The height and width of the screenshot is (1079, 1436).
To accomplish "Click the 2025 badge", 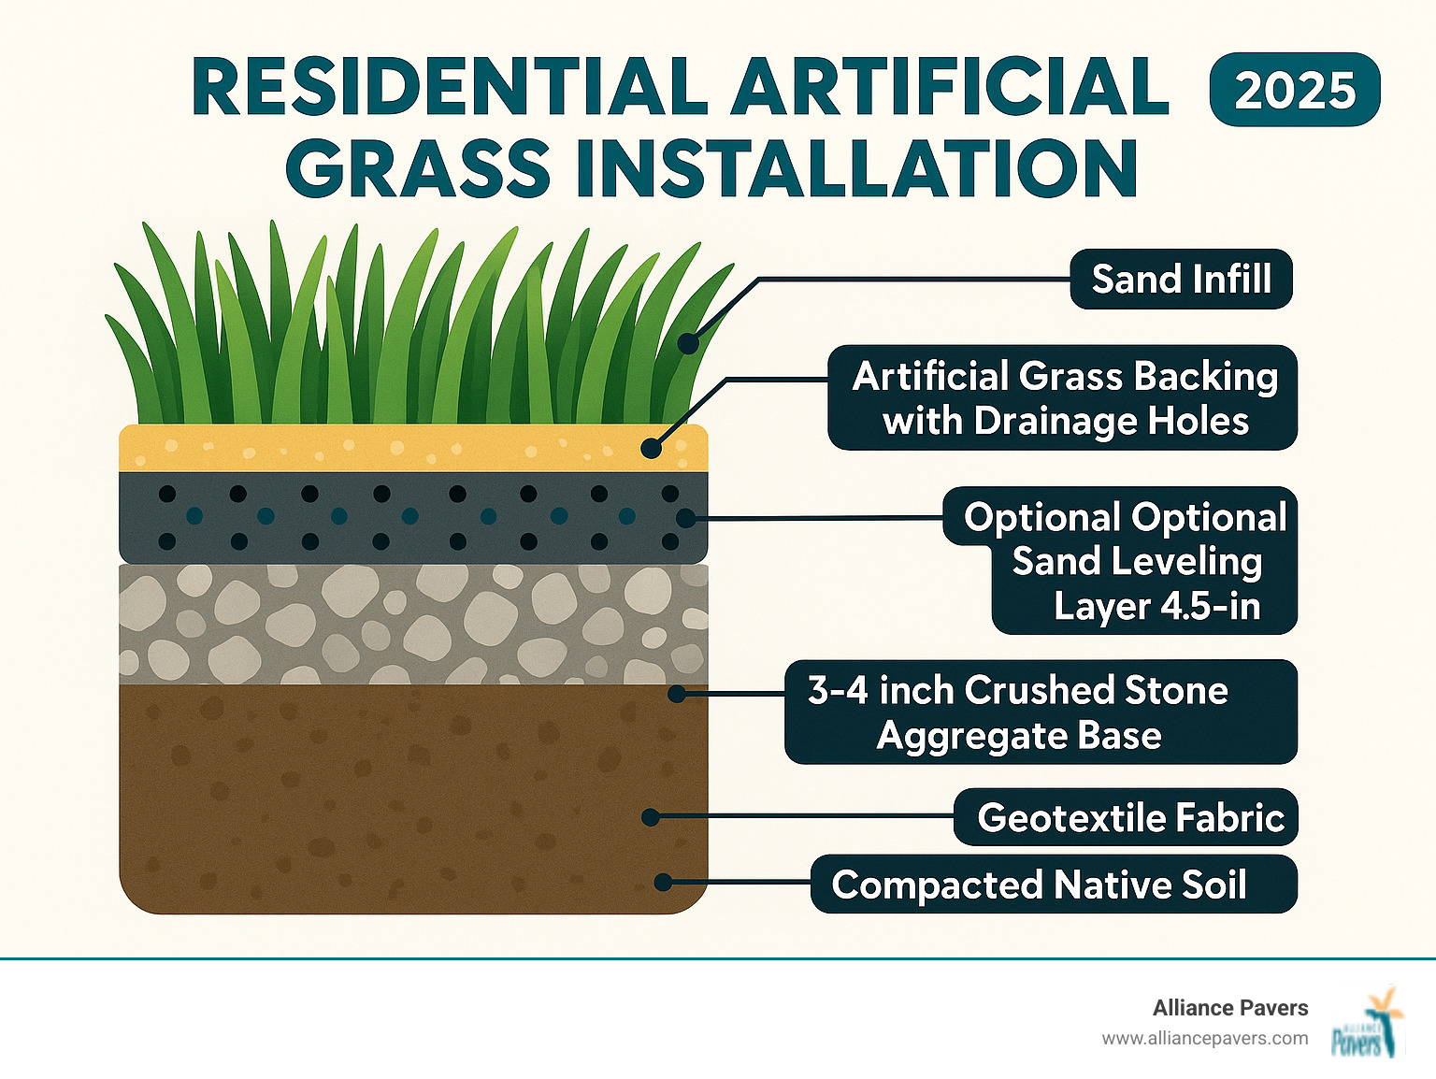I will click(1294, 90).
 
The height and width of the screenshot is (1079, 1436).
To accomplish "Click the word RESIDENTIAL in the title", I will click(449, 88).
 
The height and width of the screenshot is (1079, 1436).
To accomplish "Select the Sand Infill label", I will click(1181, 279).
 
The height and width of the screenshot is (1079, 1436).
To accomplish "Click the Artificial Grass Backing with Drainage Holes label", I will click(1063, 398).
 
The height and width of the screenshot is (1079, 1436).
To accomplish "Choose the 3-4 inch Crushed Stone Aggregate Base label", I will click(1040, 712).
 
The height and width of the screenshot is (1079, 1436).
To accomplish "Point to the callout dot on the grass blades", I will click(688, 343).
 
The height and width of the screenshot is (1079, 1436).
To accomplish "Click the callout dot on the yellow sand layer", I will click(652, 448).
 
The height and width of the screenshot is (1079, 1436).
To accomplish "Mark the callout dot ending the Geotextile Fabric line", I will click(651, 817).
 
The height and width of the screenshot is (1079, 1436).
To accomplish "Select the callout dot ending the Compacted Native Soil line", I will click(663, 882).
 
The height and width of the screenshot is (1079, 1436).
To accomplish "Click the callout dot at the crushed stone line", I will click(677, 694).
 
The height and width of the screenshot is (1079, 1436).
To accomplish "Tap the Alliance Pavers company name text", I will click(1229, 1008).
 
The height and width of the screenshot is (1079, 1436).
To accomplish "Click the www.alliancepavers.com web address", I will click(1204, 1039).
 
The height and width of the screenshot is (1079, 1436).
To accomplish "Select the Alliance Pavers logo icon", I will click(1368, 1023).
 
